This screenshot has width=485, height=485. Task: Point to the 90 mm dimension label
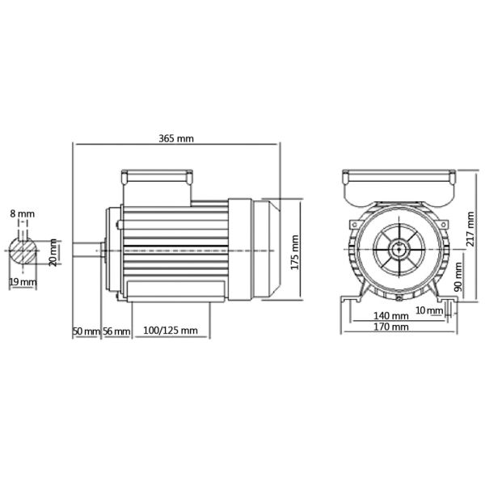pos(458,277)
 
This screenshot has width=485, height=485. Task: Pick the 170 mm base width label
pos(392,327)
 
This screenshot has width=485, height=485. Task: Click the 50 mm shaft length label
pos(86,331)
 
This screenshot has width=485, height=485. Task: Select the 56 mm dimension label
pos(115,331)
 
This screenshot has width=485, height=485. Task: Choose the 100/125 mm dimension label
pos(170,331)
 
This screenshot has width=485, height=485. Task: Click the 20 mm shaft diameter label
pos(54,252)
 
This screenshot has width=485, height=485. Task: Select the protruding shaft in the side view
pos(88,251)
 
